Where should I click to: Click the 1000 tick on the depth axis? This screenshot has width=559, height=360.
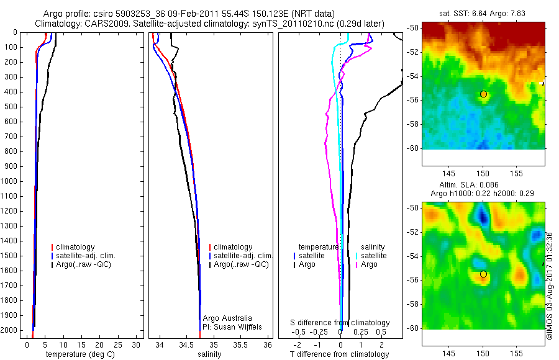(9, 181)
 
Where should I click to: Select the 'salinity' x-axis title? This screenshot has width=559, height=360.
(209, 354)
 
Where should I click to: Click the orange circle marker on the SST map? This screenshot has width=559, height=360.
(483, 94)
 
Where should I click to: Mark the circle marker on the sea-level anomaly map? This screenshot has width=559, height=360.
(483, 274)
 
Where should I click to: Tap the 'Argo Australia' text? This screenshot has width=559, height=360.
(228, 318)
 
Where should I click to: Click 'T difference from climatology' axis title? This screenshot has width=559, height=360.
(339, 354)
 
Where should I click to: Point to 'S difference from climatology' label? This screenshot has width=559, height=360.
(340, 323)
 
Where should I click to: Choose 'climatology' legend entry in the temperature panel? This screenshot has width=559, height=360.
(76, 247)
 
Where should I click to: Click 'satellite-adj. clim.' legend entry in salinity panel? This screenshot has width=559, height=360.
(243, 256)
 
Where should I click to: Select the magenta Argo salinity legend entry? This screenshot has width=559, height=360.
(370, 264)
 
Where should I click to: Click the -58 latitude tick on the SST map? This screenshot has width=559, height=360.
(412, 124)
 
